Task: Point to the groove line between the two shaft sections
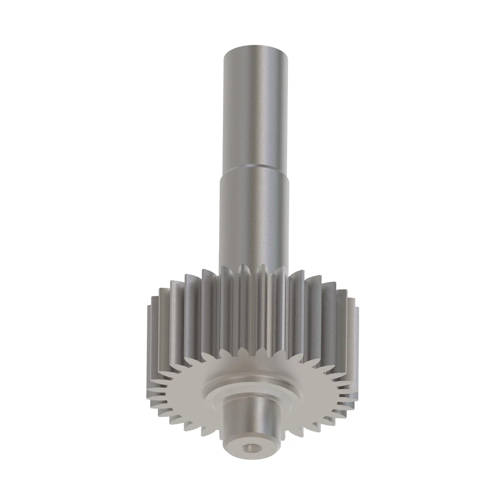click(x=255, y=166)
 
